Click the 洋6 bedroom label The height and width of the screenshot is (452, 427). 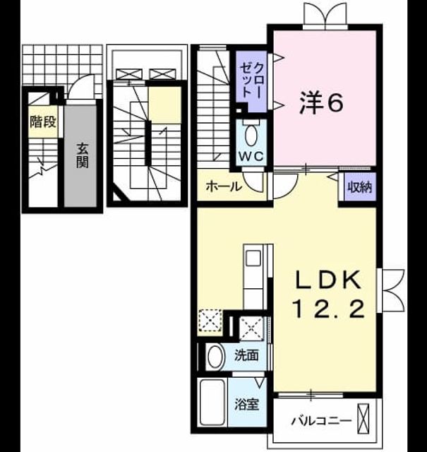click(321, 102)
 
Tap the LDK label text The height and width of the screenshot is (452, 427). click(327, 280)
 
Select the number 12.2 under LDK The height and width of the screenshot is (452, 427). click(328, 308)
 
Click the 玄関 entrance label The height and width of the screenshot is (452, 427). click(83, 156)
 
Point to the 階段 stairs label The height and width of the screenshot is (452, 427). click(43, 122)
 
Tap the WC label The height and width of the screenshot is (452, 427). click(251, 157)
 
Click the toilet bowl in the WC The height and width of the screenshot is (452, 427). click(252, 135)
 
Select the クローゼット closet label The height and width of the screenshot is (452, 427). click(251, 80)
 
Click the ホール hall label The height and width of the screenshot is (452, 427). click(223, 186)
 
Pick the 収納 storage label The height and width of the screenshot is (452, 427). click(360, 187)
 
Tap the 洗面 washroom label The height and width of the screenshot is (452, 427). click(246, 355)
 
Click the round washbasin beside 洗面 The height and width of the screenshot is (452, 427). click(216, 356)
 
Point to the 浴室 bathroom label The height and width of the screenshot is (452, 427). click(246, 405)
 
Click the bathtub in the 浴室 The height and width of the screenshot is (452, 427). click(212, 402)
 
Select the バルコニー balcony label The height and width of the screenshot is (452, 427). click(322, 421)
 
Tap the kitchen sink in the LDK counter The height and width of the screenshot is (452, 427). click(253, 258)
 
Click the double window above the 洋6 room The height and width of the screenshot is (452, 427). click(325, 16)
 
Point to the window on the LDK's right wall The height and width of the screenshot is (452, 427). click(391, 290)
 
